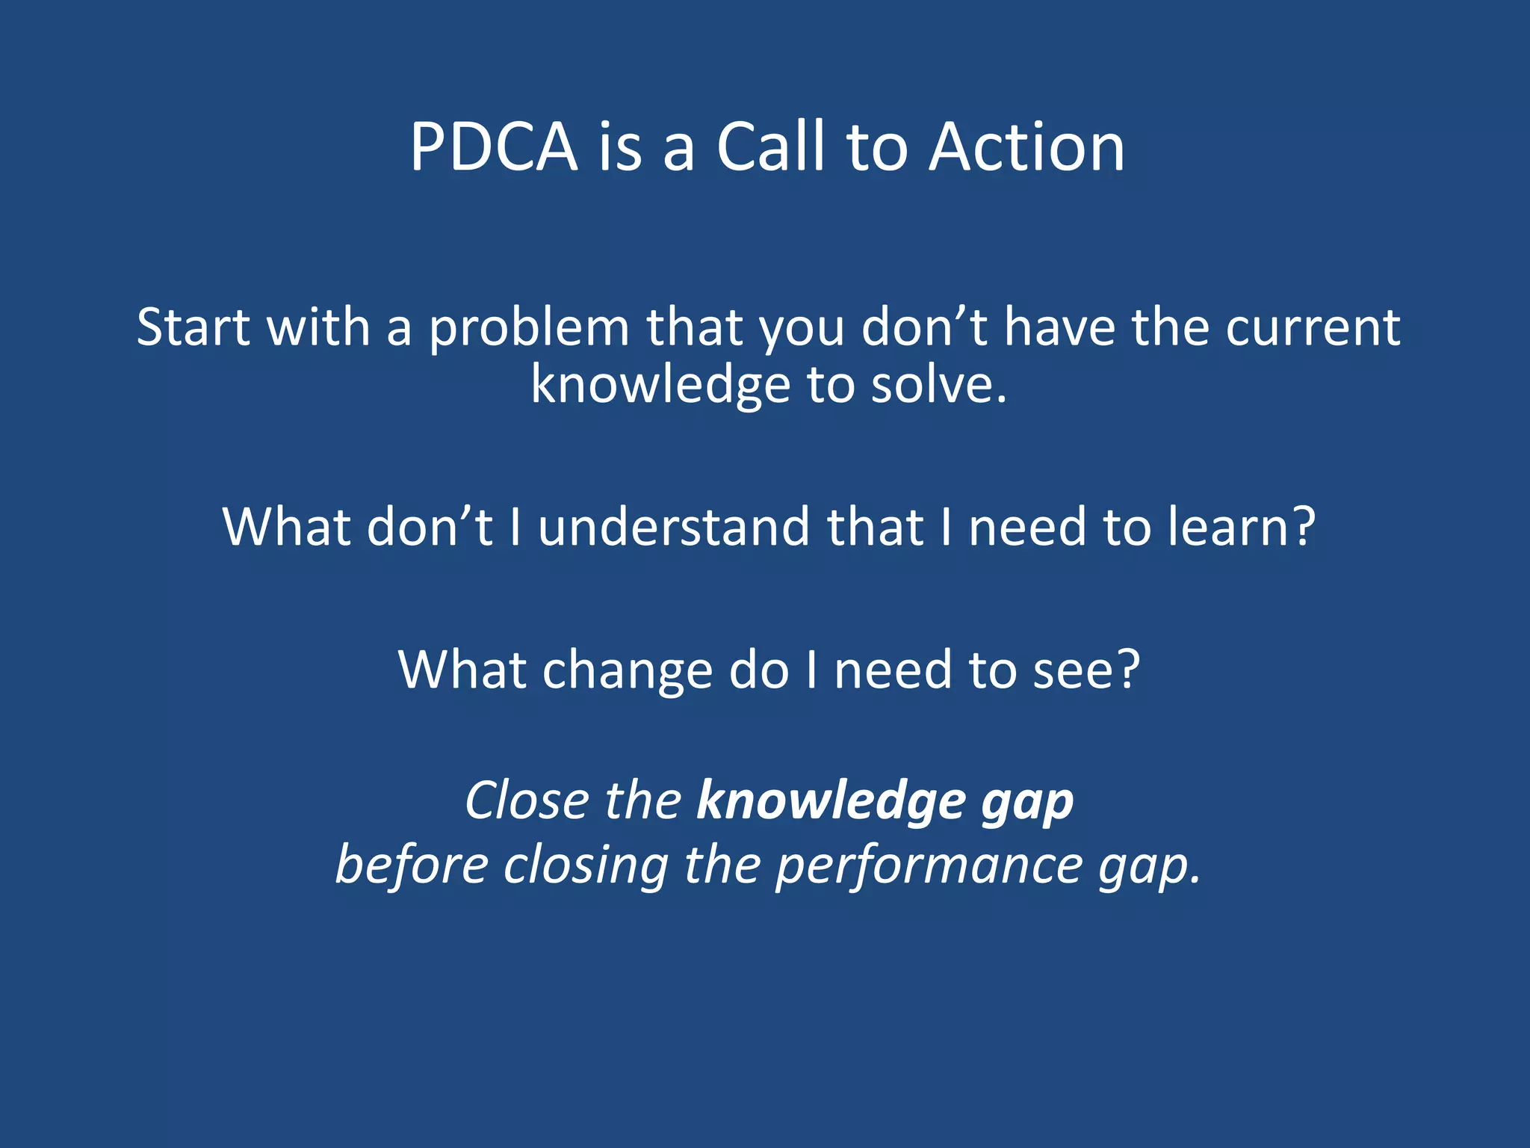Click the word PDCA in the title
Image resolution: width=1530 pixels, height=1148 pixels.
click(x=494, y=147)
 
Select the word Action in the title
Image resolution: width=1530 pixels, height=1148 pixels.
click(x=1026, y=147)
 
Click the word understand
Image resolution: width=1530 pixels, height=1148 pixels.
click(x=673, y=527)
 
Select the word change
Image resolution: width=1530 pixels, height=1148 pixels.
click(x=628, y=670)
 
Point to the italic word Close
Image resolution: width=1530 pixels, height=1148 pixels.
click(x=527, y=800)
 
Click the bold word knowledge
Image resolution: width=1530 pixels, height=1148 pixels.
click(x=829, y=802)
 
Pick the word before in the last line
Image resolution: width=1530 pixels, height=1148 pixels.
click(x=412, y=865)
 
